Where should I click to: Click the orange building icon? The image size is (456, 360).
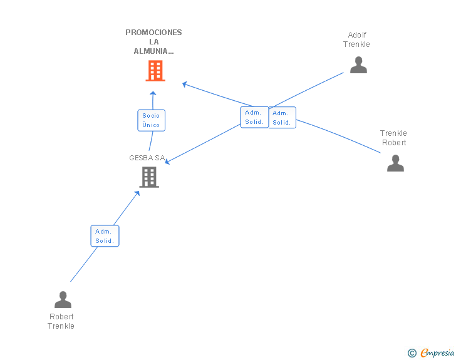(155, 71)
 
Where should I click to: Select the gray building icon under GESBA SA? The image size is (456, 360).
(149, 177)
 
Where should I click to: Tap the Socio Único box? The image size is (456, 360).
(151, 120)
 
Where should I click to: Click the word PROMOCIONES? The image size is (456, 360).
(153, 33)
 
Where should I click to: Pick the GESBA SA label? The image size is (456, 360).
(147, 158)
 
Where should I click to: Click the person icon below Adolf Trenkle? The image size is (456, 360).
(358, 65)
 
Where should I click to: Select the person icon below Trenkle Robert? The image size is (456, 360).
(395, 163)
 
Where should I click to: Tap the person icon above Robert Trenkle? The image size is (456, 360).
(63, 299)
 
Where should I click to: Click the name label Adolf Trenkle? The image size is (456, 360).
(356, 39)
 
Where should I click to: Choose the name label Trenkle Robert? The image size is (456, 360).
(393, 138)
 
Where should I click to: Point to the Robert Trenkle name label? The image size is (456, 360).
(61, 321)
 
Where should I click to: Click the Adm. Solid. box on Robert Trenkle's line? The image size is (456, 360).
(105, 236)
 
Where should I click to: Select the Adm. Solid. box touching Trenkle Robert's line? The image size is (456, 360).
(282, 118)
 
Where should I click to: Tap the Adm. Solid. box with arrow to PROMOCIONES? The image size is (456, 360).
(254, 117)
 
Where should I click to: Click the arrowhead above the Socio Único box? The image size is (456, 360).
(153, 93)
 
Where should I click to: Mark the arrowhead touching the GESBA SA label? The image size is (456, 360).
(167, 161)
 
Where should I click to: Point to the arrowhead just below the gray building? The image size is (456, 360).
(137, 193)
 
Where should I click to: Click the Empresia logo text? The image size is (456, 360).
(437, 352)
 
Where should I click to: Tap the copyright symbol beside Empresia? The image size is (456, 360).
(412, 353)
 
